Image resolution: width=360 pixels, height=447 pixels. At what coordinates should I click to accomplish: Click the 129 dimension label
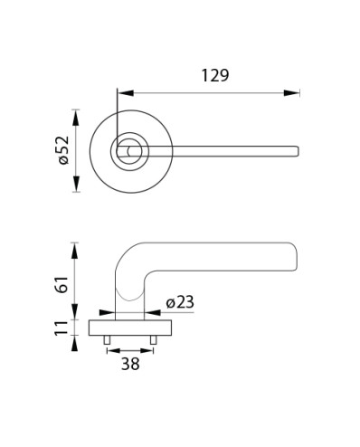tap(215, 75)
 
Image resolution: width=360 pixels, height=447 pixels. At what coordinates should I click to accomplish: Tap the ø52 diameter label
tap(64, 150)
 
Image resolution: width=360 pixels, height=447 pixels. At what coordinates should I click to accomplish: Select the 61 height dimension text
tap(62, 284)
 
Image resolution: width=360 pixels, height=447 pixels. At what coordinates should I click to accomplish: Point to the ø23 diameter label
tap(180, 302)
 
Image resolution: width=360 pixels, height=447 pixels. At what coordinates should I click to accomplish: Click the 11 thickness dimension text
tap(62, 328)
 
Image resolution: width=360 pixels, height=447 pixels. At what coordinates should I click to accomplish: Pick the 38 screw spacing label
tap(130, 364)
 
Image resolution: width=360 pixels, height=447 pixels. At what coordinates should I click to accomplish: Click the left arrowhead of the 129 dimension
tap(126, 93)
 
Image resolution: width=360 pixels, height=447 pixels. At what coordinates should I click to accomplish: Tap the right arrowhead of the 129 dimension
tap(291, 93)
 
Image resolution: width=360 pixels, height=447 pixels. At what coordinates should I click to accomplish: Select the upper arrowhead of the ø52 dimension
tap(76, 118)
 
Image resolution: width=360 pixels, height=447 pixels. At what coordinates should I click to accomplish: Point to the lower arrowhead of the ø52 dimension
tap(76, 184)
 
